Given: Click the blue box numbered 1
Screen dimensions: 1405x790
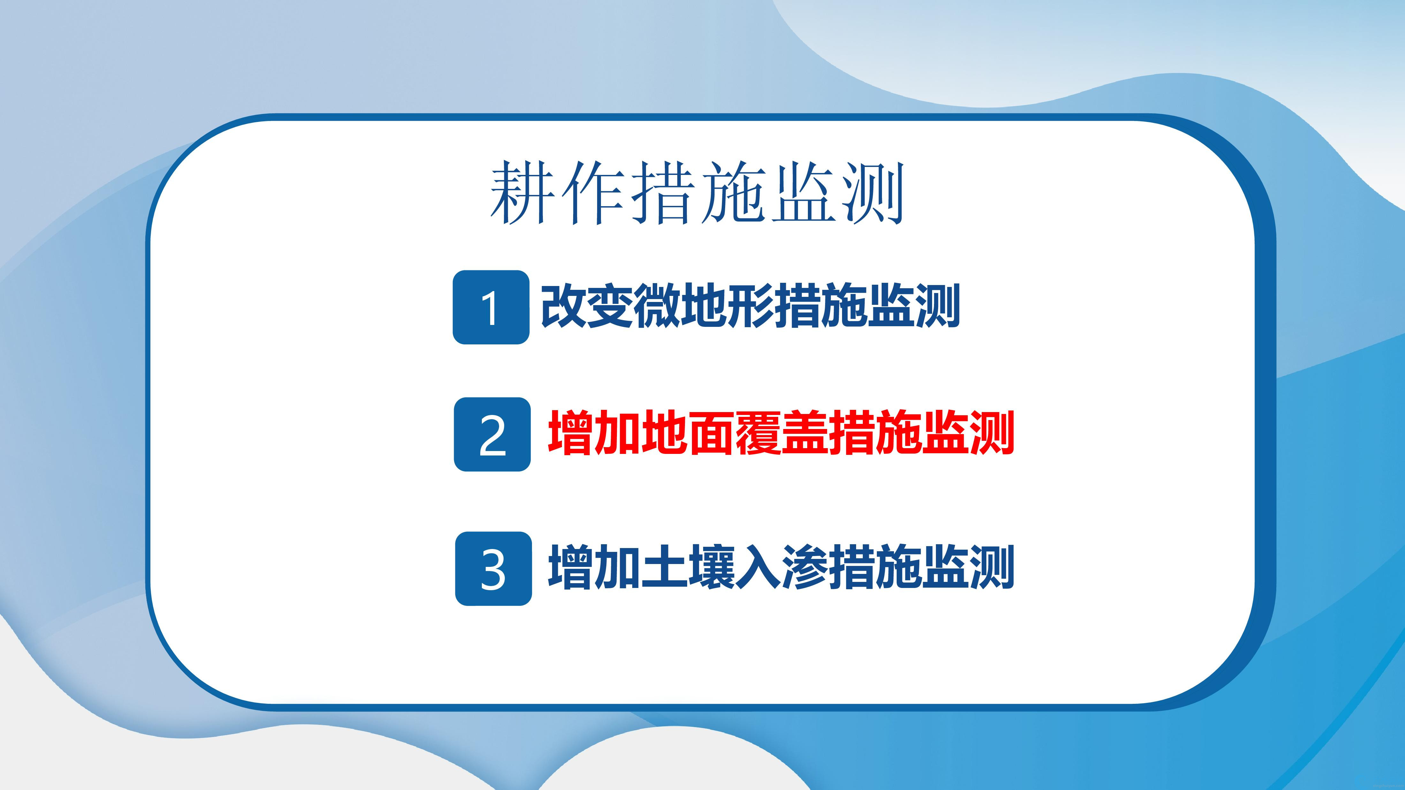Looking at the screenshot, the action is coord(491,307).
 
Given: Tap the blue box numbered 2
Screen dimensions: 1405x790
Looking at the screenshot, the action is coord(492,434).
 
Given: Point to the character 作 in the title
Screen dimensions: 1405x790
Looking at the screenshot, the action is coord(593,192).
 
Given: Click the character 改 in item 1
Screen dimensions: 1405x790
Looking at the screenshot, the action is coord(563,306).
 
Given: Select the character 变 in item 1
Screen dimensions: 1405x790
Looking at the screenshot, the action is coord(610,306).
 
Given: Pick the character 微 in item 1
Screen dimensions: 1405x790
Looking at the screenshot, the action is coord(656,306).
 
